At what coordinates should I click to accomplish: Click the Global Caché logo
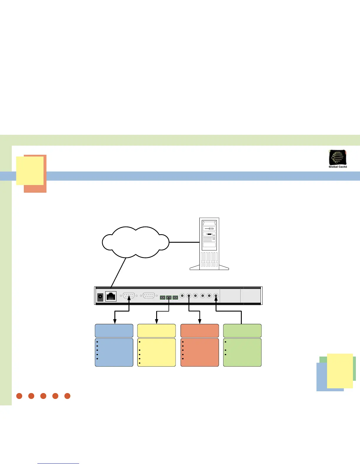pyautogui.click(x=338, y=158)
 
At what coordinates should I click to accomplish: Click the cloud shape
pyautogui.click(x=136, y=242)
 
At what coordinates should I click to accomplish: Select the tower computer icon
pyautogui.click(x=209, y=244)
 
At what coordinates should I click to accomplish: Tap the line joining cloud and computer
pyautogui.click(x=184, y=242)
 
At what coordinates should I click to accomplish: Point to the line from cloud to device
pyautogui.click(x=119, y=272)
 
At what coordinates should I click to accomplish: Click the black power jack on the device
pyautogui.click(x=100, y=297)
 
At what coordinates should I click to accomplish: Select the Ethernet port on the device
pyautogui.click(x=111, y=296)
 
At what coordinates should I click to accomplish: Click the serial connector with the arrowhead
pyautogui.click(x=129, y=295)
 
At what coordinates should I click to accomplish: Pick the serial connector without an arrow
pyautogui.click(x=149, y=295)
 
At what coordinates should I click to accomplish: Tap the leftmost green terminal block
pyautogui.click(x=163, y=297)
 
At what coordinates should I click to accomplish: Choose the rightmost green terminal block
pyautogui.click(x=175, y=297)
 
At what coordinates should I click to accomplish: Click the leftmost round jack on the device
pyautogui.click(x=182, y=295)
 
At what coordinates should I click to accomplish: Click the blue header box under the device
pyautogui.click(x=114, y=331)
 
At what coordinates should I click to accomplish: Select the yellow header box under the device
pyautogui.click(x=156, y=331)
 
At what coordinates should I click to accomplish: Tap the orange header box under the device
pyautogui.click(x=199, y=331)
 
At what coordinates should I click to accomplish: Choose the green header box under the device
pyautogui.click(x=242, y=331)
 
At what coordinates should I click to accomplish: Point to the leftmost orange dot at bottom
pyautogui.click(x=19, y=396)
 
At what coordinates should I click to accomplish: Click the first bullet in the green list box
pyautogui.click(x=225, y=342)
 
